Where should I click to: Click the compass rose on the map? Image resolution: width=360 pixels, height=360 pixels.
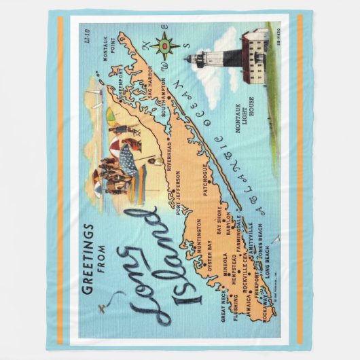tap(166, 46)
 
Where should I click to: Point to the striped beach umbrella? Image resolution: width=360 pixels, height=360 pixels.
tap(127, 160)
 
